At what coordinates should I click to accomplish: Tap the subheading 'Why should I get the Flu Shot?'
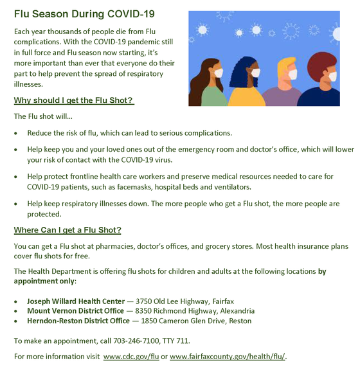(74, 101)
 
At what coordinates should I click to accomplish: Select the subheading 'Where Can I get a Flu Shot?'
(67, 230)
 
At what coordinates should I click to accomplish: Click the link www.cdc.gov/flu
(131, 356)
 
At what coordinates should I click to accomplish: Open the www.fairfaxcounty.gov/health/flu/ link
(228, 356)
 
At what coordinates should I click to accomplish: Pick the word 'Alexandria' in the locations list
(233, 310)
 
